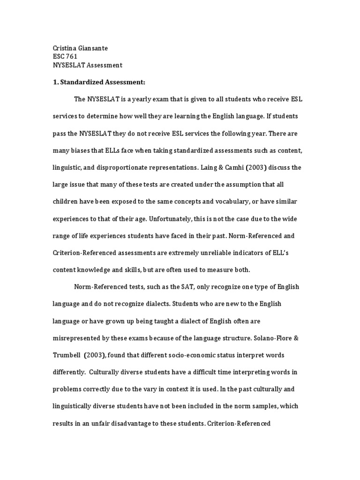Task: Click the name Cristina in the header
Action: pyautogui.click(x=63, y=47)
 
